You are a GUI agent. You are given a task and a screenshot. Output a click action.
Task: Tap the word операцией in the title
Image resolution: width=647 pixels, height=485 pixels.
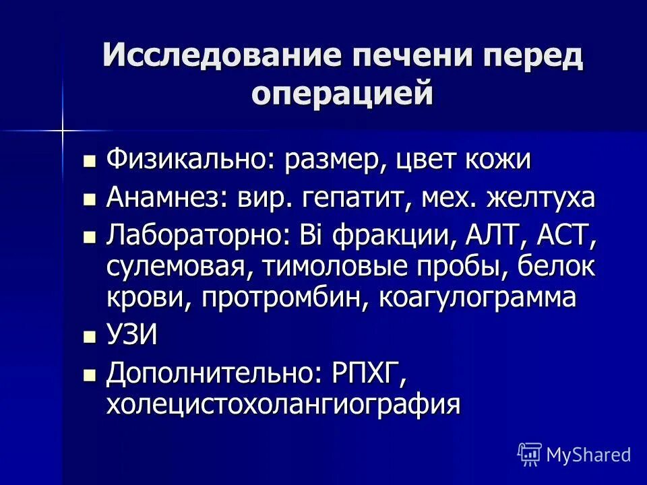[x=342, y=92]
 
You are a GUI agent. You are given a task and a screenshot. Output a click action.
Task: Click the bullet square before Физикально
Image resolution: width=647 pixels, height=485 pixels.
[x=89, y=162]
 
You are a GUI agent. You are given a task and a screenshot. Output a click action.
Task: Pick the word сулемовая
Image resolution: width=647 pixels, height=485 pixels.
[x=176, y=267]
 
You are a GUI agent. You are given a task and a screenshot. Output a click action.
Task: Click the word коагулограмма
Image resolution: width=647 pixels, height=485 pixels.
[x=478, y=297]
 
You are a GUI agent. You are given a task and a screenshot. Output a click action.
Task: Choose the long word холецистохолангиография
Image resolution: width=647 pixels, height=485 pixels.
[x=283, y=404]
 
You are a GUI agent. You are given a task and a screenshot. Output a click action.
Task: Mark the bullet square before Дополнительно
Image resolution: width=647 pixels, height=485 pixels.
[x=89, y=374]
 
